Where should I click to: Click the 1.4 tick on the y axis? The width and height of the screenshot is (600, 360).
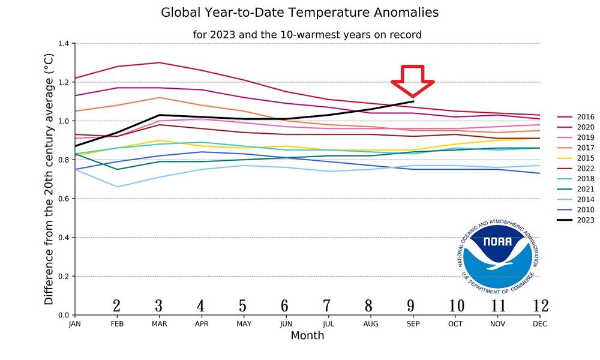click(64, 44)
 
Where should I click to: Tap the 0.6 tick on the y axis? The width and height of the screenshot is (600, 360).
click(64, 199)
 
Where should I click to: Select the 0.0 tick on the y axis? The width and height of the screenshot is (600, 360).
click(64, 315)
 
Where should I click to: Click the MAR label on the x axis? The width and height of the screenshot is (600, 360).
click(158, 324)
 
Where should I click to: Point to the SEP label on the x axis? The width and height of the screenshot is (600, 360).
click(413, 324)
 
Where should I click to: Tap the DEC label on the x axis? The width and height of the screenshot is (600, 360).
click(540, 324)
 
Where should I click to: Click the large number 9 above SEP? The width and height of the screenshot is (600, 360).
click(411, 306)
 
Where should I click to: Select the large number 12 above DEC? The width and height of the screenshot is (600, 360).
click(540, 306)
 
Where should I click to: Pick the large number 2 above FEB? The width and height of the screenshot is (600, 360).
click(116, 306)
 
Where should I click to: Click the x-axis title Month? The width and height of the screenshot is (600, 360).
click(307, 335)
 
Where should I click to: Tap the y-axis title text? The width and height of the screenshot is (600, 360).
click(49, 179)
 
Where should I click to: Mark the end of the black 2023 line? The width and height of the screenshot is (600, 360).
click(413, 101)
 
